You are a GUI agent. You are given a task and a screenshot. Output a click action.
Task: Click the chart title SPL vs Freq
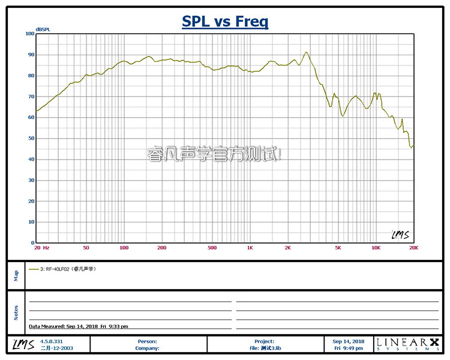tap(225, 22)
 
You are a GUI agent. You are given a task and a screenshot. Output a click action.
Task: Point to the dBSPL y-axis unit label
tap(43, 29)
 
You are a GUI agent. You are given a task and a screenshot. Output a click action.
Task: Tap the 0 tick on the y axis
tap(32, 243)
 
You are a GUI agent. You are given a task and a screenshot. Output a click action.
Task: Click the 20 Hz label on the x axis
tap(41, 247)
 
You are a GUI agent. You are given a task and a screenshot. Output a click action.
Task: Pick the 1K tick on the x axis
tap(250, 247)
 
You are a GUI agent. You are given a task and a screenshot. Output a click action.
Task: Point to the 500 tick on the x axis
tap(212, 247)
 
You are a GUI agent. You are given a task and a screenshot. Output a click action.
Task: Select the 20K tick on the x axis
tap(412, 247)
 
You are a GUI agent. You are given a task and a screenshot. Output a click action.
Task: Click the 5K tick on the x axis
tap(338, 247)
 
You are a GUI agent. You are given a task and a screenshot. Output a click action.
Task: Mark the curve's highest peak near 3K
tap(306, 52)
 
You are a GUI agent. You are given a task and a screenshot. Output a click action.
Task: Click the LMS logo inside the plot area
tap(400, 235)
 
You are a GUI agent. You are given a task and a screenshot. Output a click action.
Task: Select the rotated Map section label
tap(16, 275)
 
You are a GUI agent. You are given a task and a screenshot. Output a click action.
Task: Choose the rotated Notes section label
tap(16, 313)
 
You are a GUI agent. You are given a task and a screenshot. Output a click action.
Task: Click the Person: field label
tap(148, 341)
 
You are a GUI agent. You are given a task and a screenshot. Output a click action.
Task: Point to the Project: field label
tap(264, 341)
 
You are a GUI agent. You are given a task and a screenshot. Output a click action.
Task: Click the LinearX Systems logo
tap(407, 344)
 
